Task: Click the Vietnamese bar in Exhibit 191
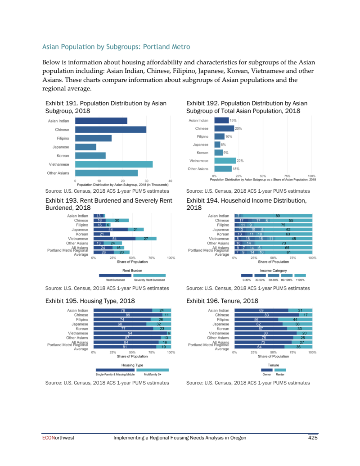point(114,164)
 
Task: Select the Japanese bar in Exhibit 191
point(85,147)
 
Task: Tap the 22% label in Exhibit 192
point(240,161)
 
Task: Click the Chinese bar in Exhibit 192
point(224,128)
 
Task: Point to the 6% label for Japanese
point(223,145)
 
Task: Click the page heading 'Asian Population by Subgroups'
point(116,47)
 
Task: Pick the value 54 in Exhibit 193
point(115,239)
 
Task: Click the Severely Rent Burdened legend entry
point(149,276)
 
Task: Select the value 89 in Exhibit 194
point(278,216)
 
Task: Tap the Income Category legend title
point(274,271)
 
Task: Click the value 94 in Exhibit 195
point(130,333)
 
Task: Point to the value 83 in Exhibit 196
point(266,315)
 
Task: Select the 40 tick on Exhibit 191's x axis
point(170,181)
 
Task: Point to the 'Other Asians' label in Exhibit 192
point(198,169)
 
